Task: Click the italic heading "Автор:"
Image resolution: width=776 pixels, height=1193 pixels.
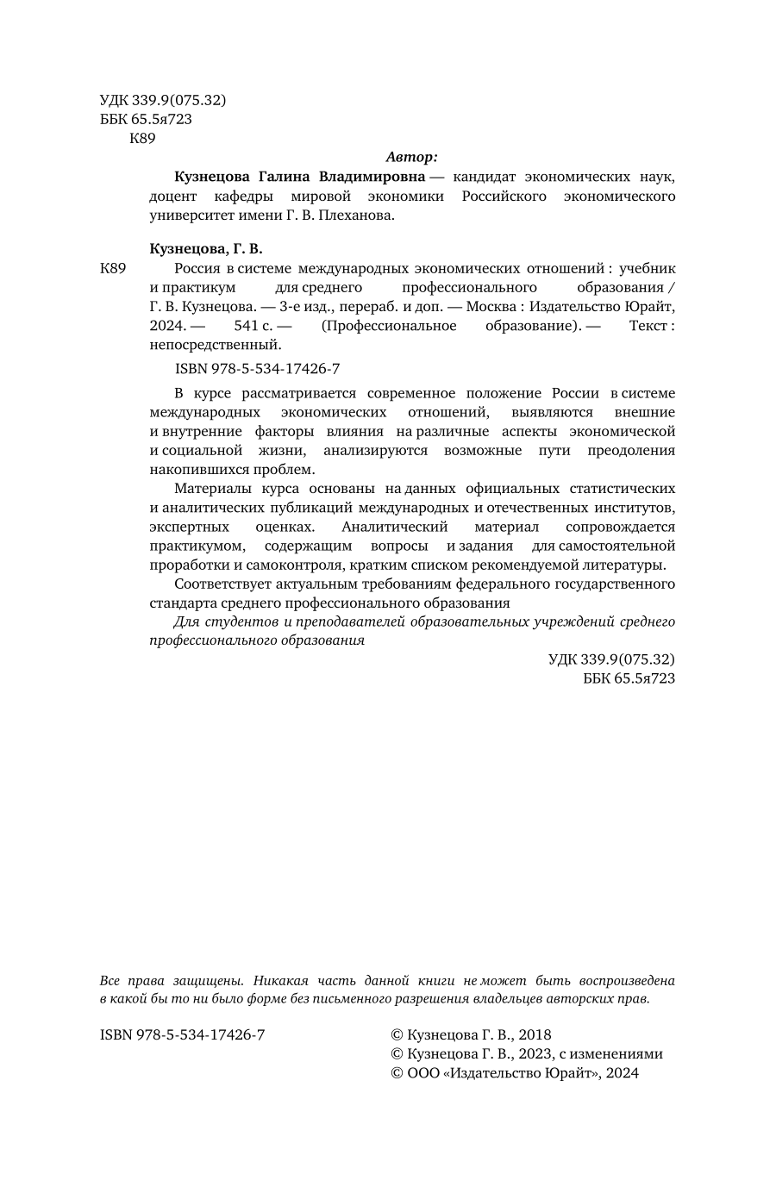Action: [411, 157]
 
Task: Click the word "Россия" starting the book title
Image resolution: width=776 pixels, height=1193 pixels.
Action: [197, 268]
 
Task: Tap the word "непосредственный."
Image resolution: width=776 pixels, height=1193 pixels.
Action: [216, 345]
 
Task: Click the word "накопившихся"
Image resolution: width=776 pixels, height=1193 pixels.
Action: [190, 470]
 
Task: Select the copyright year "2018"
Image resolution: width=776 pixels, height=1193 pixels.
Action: [535, 1035]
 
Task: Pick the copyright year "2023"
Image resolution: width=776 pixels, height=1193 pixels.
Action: [535, 1054]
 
